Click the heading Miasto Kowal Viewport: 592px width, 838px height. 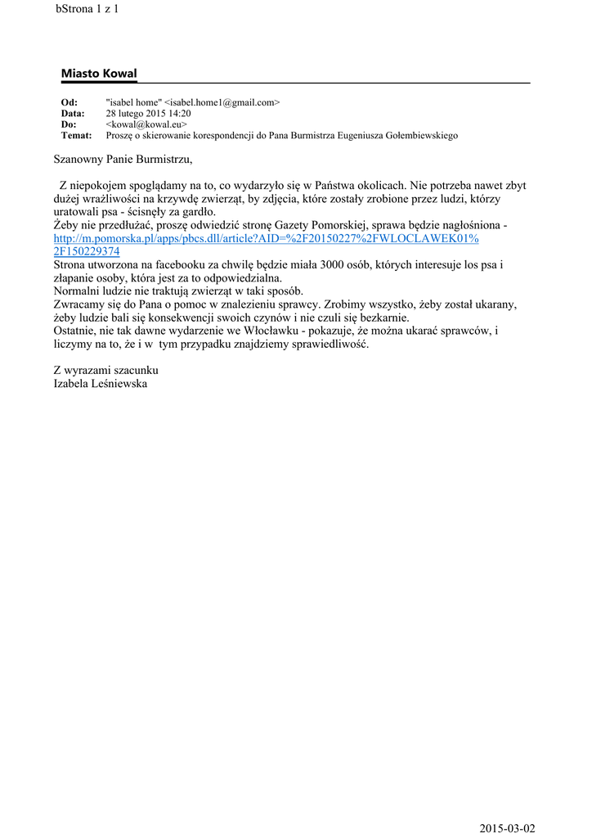99,74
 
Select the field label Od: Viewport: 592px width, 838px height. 70,102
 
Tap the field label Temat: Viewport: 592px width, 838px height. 77,135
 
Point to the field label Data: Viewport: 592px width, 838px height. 73,114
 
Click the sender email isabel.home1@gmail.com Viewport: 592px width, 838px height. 222,102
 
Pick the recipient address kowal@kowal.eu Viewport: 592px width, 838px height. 147,124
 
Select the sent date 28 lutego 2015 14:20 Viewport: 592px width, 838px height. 149,114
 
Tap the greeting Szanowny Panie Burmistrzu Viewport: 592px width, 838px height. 123,159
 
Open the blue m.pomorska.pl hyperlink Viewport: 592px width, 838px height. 266,238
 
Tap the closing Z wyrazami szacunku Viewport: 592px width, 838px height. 105,370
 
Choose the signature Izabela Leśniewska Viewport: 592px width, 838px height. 101,383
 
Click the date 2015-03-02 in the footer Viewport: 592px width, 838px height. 508,828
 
